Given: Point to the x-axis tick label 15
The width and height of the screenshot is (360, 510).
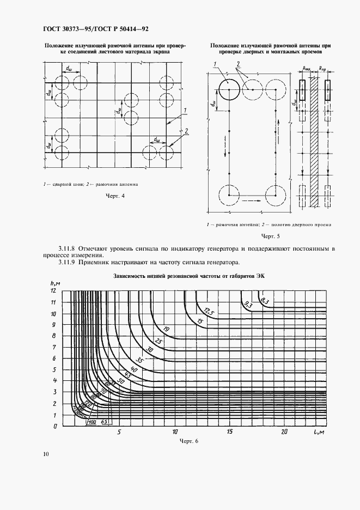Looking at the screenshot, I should (x=229, y=432).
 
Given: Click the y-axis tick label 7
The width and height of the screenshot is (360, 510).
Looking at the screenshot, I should (x=53, y=347).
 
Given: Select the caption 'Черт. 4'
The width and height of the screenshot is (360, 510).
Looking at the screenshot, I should (x=115, y=196).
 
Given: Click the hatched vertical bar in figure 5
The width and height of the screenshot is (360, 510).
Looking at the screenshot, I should (x=313, y=142).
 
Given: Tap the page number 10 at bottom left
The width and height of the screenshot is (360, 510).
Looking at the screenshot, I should (x=46, y=453).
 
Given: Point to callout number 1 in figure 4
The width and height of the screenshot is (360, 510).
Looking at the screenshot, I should (x=185, y=111).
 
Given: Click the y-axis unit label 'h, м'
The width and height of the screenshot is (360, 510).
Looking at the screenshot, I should (x=54, y=282).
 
